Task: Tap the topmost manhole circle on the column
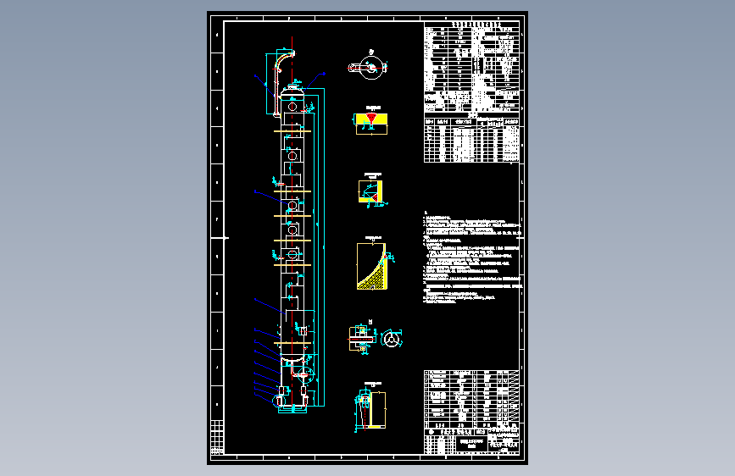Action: click(292, 108)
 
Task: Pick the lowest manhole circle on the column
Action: click(292, 254)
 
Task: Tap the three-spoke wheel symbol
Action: click(391, 339)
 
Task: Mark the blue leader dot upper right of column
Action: click(324, 75)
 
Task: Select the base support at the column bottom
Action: click(292, 409)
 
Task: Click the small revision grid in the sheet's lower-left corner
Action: click(218, 436)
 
